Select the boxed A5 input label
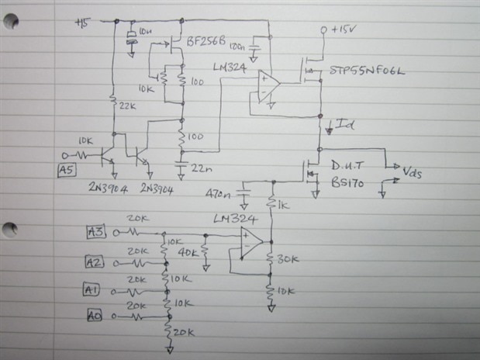(66, 171)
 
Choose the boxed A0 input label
(92, 316)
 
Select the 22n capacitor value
(199, 167)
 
